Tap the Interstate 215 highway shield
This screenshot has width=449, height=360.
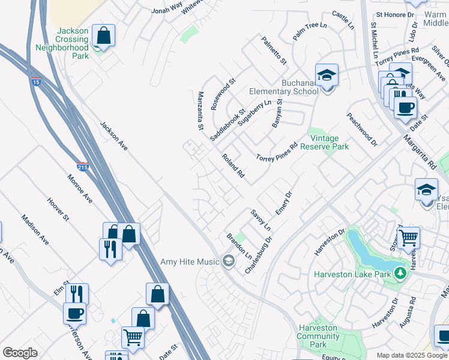(x=83, y=167)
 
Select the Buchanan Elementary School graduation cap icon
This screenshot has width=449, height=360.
(x=327, y=76)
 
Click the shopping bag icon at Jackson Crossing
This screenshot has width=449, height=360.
(x=104, y=35)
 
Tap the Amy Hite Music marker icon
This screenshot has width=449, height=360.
(x=228, y=261)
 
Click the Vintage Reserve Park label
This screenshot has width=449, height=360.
(x=324, y=142)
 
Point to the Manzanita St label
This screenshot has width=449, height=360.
(x=201, y=111)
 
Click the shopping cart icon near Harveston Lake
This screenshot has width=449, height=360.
(x=408, y=237)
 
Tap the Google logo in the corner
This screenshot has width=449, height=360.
(x=20, y=353)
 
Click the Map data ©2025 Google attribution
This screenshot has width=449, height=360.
(x=412, y=355)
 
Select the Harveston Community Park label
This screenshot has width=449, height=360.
(x=319, y=337)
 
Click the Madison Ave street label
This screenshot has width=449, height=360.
(x=35, y=230)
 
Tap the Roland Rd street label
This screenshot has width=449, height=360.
(x=233, y=166)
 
